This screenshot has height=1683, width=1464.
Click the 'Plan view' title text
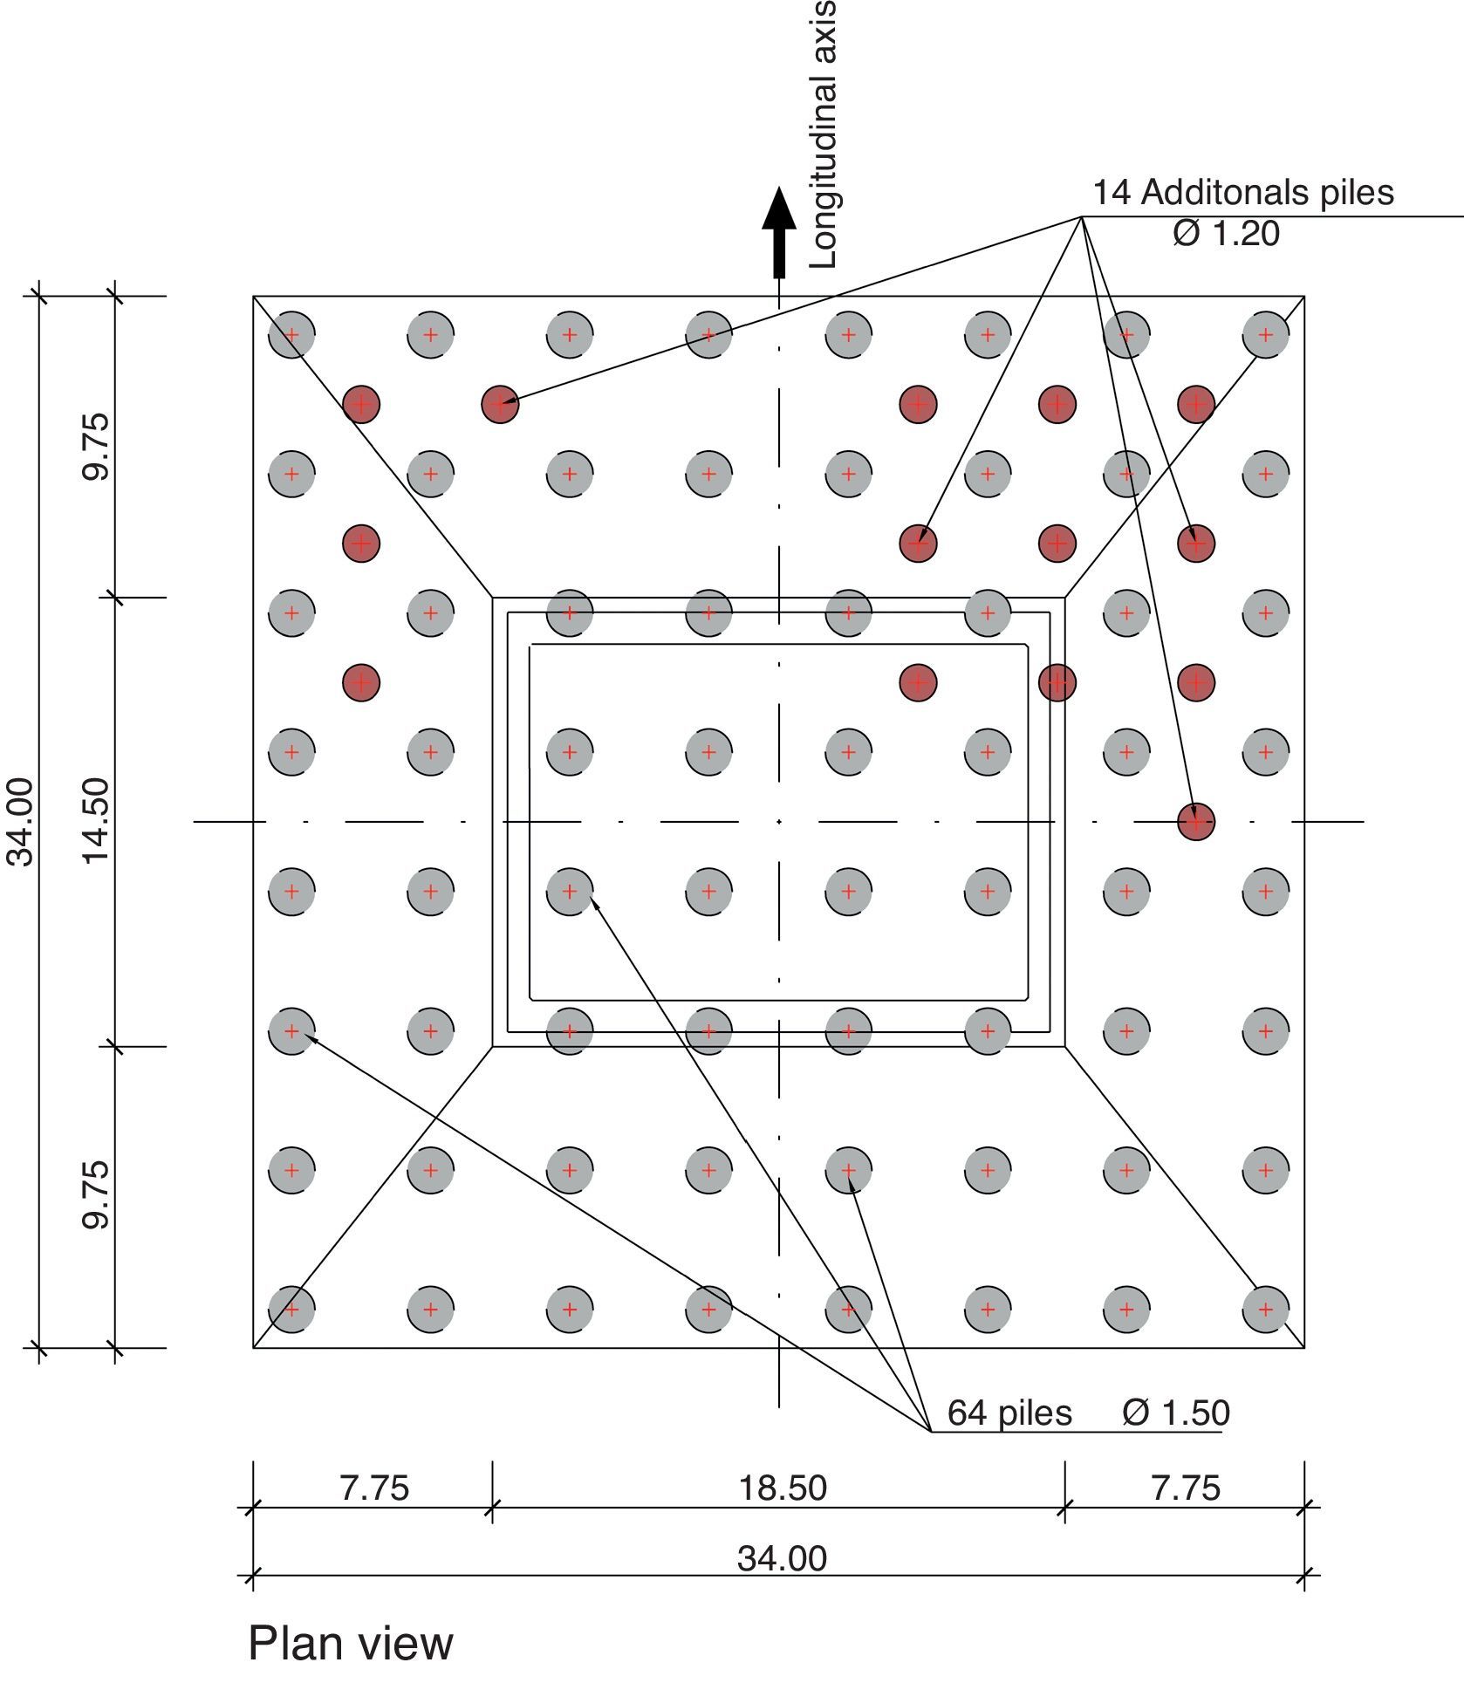pos(351,1643)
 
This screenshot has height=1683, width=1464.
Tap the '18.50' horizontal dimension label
pos(782,1488)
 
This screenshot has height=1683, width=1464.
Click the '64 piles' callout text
pos(1009,1413)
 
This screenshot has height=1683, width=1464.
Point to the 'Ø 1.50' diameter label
pos(1176,1413)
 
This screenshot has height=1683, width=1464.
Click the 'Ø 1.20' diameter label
pos(1227,233)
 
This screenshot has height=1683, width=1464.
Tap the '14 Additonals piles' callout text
pos(1243,193)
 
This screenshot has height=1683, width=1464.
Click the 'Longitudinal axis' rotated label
pos(823,133)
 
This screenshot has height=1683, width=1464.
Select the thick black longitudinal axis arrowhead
pos(778,209)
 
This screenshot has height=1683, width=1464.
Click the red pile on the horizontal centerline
pos(1195,821)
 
